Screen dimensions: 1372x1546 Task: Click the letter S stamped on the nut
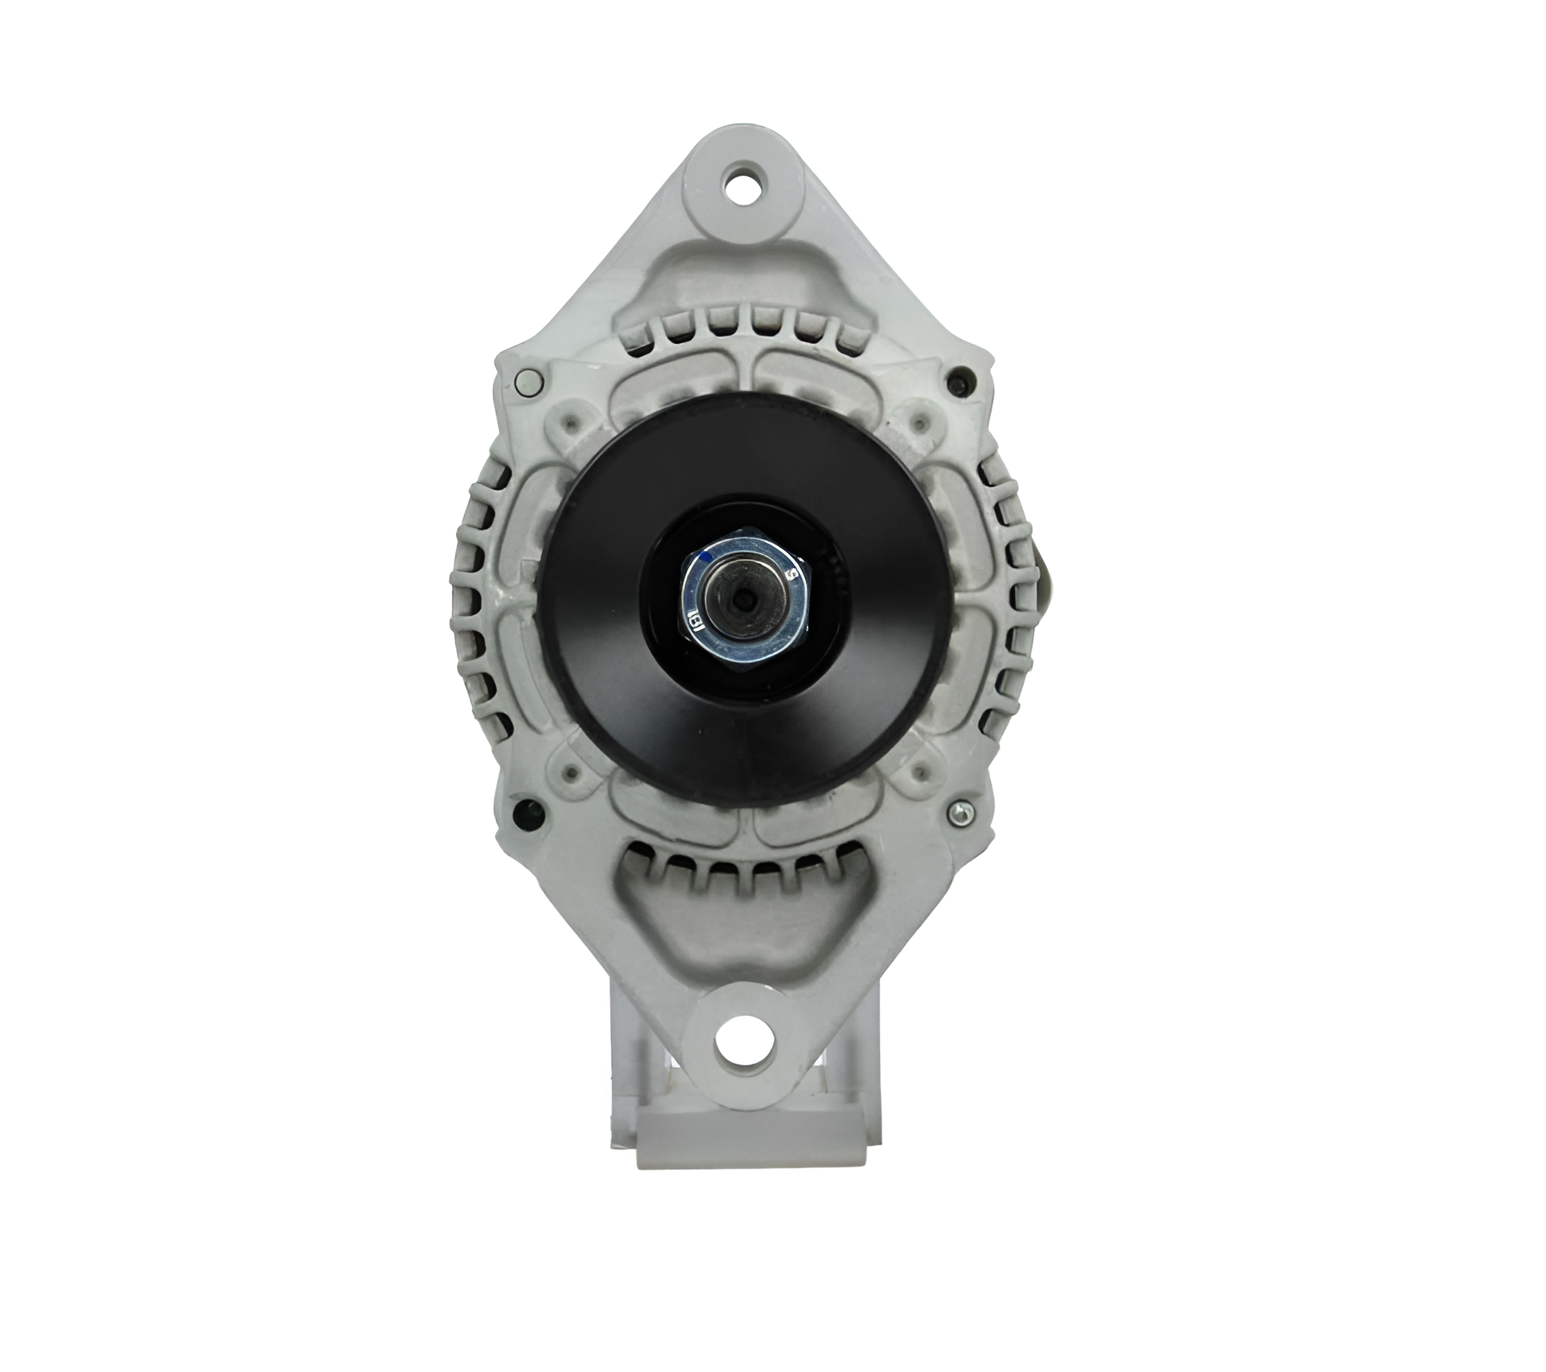(791, 573)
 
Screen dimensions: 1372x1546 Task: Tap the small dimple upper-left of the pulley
(573, 421)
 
